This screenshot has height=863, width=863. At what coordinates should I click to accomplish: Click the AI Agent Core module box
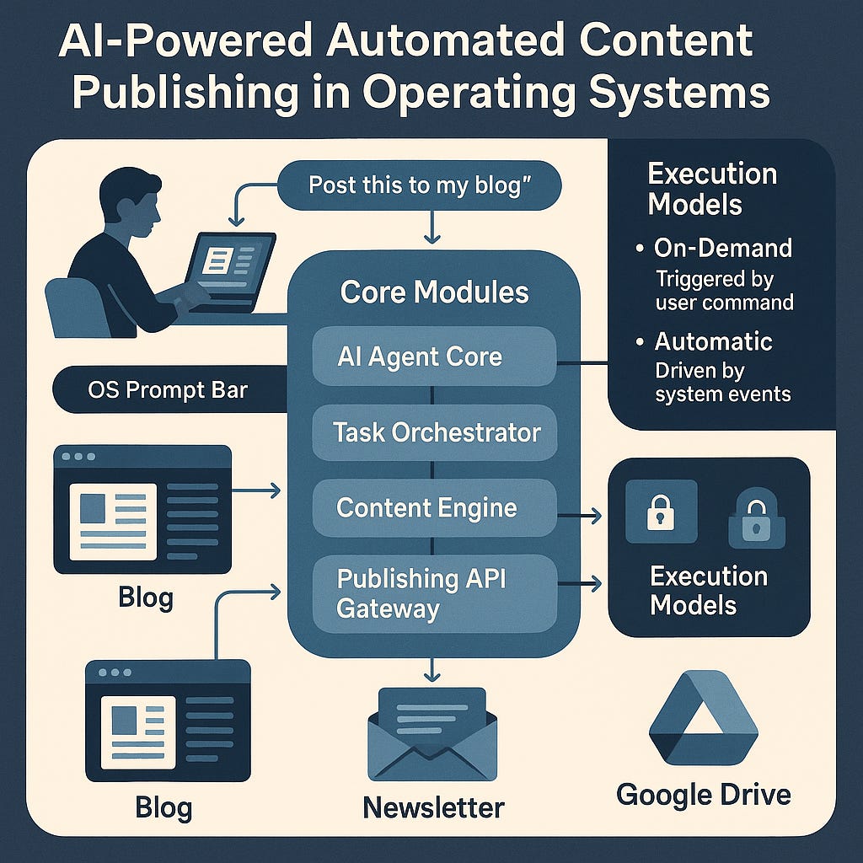[x=434, y=356]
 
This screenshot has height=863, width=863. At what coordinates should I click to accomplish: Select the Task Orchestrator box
[x=434, y=432]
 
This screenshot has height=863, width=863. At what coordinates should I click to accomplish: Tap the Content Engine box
[x=434, y=508]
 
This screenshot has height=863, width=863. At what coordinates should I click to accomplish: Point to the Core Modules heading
[x=434, y=292]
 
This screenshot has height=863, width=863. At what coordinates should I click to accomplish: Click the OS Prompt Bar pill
[x=169, y=391]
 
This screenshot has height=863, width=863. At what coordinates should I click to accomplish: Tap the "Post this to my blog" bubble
[x=419, y=185]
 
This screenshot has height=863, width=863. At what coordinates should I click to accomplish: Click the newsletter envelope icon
[x=432, y=732]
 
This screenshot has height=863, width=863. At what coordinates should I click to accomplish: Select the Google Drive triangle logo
[x=702, y=716]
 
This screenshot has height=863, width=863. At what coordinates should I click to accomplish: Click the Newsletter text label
[x=433, y=807]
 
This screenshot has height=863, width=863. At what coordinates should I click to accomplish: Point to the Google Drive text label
[x=703, y=794]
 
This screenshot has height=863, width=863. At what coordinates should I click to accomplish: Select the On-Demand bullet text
[x=723, y=248]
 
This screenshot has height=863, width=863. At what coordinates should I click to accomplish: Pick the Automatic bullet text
[x=713, y=341]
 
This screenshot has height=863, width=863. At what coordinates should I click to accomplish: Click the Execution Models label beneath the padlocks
[x=708, y=591]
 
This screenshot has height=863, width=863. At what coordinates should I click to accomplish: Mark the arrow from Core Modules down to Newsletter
[x=432, y=669]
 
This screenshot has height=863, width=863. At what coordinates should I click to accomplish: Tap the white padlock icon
[x=661, y=512]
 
